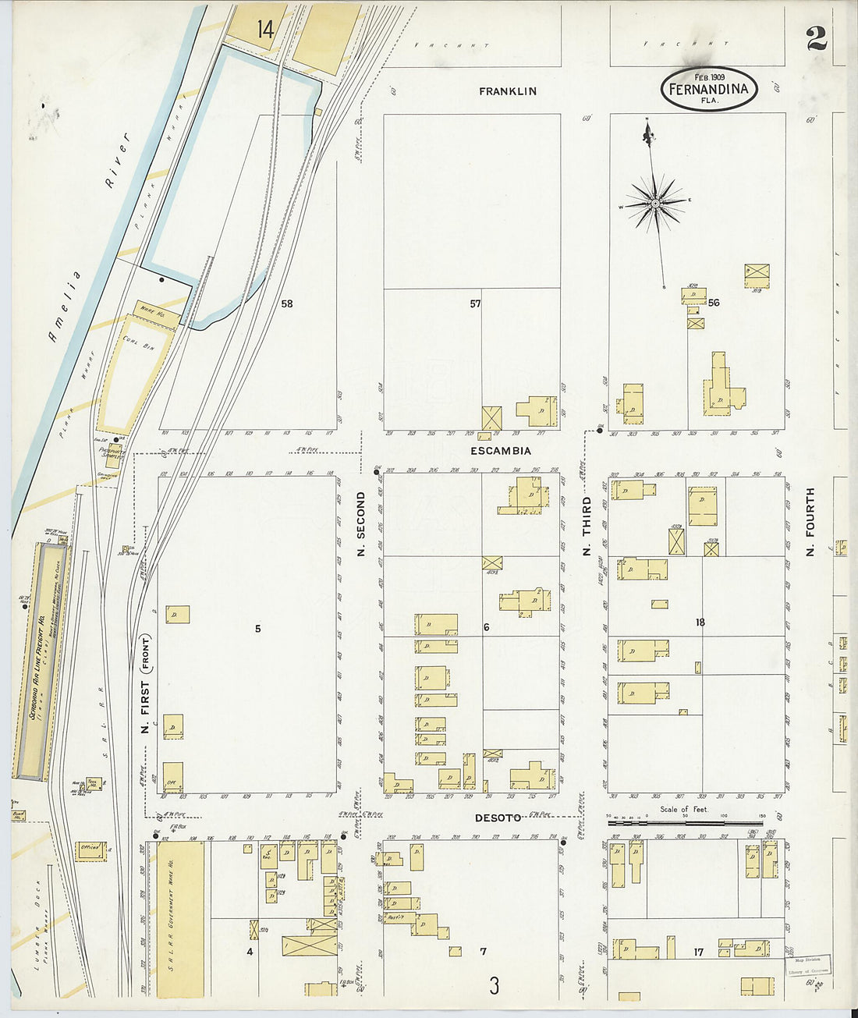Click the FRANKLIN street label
pos(507,91)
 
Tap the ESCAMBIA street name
pos(501,451)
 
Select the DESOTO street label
pos(498,818)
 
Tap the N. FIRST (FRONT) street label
pos(144,679)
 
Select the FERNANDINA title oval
pos(709,88)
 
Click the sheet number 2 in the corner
pos(816,38)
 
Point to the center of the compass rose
pos(656,204)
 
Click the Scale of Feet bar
pos(685,821)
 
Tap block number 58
pos(287,303)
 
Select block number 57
pos(475,303)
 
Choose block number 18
pos(700,622)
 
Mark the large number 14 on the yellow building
pos(265,30)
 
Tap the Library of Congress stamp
pos(807,965)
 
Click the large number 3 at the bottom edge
pos(494,986)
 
